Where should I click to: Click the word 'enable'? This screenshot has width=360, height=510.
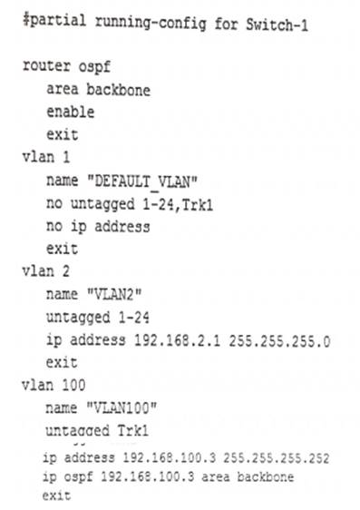(x=69, y=113)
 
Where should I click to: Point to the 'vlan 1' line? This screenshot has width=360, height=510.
(x=44, y=156)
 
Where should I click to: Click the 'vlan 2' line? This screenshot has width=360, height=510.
(x=44, y=270)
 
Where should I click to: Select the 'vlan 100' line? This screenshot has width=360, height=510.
(x=51, y=383)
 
